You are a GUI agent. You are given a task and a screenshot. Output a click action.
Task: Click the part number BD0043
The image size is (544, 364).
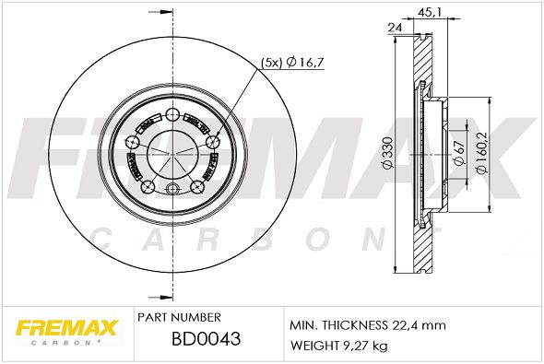coord(207,339)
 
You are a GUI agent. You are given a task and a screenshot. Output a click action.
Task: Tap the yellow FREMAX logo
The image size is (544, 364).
coord(67,328)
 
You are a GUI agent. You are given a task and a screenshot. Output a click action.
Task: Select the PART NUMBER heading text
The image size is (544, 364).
coord(179,317)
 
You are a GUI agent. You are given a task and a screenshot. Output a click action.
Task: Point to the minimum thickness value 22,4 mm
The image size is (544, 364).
coord(419,325)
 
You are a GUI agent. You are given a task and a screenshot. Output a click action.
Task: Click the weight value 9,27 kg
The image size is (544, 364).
coord(365,346)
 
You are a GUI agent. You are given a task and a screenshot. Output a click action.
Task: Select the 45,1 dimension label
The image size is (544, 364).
coord(429,13)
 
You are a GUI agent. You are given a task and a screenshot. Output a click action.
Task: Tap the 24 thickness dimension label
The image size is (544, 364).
coord(395,28)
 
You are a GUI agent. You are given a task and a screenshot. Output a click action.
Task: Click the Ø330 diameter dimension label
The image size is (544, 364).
coord(388,153)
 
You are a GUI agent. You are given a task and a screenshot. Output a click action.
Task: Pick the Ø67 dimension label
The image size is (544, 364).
coord(459,153)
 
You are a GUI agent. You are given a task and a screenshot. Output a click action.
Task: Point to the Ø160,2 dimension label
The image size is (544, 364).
coord(482,153)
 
